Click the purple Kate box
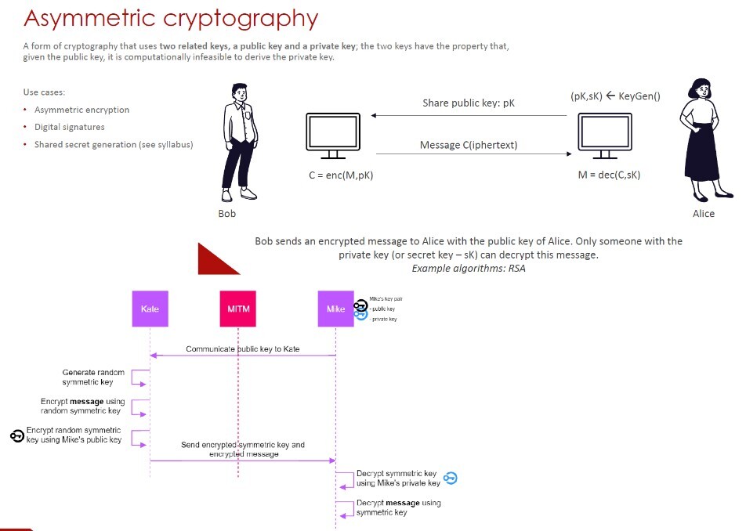coord(150,309)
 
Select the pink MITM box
coord(238,309)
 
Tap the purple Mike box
coord(335,309)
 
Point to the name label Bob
coord(227,213)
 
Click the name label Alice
coord(704,213)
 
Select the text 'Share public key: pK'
coord(469,103)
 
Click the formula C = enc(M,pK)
coord(341,175)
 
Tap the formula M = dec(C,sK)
coord(609,175)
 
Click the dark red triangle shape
coord(215,260)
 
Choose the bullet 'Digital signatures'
coord(70,127)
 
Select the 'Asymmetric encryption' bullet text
coord(81,110)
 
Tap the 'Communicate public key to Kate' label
coord(243,349)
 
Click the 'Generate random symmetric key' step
coord(93,377)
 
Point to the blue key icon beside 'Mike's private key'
coord(450,478)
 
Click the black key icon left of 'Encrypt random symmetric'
coord(17,435)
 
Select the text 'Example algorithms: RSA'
coord(469,269)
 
